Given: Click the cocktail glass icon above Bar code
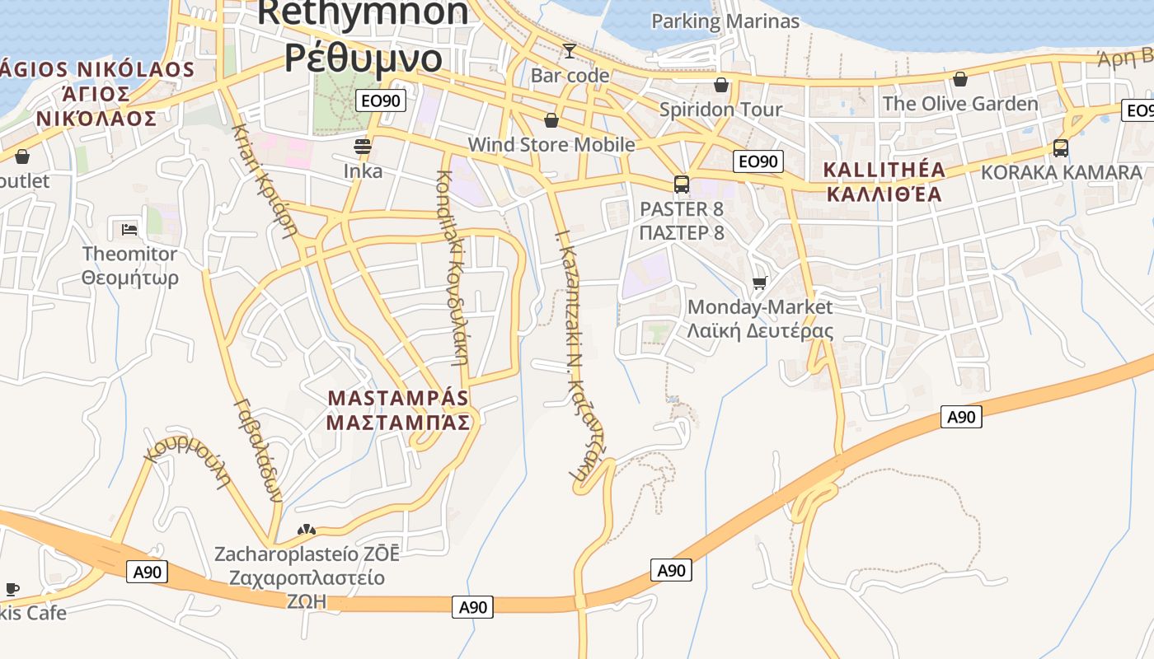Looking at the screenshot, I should point(569,51).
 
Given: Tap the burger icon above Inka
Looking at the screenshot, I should point(363,147).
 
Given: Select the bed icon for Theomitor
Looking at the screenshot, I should point(129,229).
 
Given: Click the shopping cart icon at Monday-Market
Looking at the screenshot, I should point(760,283).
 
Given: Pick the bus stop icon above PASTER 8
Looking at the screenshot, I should point(682,184).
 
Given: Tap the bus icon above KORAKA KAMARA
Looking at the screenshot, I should point(1061,148).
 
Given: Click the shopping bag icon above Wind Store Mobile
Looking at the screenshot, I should point(551,121).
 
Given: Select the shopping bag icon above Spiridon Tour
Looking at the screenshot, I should point(721,85).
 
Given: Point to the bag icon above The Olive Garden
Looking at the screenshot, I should point(960,79).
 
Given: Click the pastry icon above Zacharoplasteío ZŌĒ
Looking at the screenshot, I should point(307,530).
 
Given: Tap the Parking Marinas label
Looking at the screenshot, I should point(725,21).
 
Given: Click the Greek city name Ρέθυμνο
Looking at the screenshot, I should point(364,58).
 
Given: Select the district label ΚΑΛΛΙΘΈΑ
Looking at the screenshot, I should point(884,194).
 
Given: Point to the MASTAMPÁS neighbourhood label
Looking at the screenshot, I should point(398,398).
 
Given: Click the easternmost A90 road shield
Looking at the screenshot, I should point(960,417).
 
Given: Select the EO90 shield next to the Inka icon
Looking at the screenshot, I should point(381,101).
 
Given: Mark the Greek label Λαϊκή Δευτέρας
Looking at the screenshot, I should point(760,331).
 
